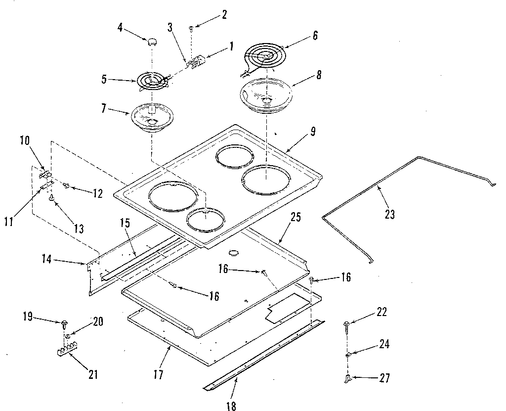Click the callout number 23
[x=389, y=215]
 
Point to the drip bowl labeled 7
[x=151, y=117]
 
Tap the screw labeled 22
[x=345, y=324]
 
